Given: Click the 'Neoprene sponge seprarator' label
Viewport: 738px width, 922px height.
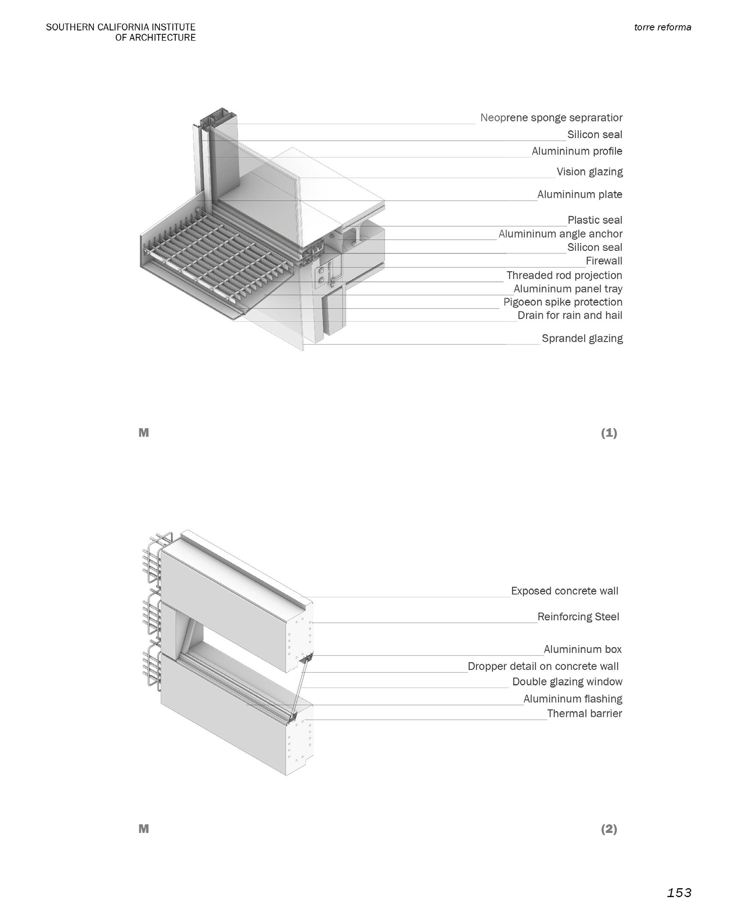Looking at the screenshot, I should pos(551,117).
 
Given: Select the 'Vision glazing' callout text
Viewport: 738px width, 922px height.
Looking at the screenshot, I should pos(589,172).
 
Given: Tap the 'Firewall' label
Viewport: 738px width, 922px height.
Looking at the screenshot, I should pos(604,261).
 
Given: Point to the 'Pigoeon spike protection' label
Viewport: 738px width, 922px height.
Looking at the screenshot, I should pos(563,302).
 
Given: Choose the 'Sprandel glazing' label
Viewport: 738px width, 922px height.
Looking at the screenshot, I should pos(582,338).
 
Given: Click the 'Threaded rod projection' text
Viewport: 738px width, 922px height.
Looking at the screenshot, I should pos(564,275).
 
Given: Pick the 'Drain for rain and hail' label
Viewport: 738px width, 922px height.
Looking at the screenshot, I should pos(569,315).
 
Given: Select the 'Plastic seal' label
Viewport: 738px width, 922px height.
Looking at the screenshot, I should pos(594,220).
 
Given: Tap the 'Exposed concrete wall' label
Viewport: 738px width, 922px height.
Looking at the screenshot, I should pos(564,591).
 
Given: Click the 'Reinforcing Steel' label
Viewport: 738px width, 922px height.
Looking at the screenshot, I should pos(578,616).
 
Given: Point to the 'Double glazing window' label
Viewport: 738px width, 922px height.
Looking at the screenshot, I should pos(567,682).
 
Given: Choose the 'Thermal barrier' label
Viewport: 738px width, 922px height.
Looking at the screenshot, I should pos(584,713).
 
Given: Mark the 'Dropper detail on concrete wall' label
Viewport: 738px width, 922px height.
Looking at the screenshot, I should pos(543,666).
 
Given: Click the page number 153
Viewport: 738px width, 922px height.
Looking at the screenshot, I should pos(679,893).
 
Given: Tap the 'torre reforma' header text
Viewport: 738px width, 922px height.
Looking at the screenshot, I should pos(663,27).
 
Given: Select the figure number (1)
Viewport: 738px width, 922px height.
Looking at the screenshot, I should pos(608,433).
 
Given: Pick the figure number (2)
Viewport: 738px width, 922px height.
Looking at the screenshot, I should pos(608,829).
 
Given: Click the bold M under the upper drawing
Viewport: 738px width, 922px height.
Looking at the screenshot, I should pos(144,433).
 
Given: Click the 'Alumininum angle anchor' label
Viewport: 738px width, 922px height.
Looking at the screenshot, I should pos(560,234).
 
